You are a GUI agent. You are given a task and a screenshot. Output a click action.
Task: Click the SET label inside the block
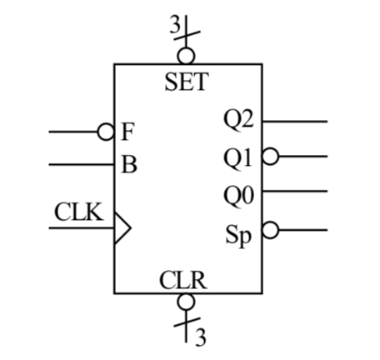click(187, 82)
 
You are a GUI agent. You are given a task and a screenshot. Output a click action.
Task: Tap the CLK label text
click(79, 212)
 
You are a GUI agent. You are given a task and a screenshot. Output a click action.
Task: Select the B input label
click(128, 164)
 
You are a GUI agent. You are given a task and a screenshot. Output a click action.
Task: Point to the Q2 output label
click(238, 119)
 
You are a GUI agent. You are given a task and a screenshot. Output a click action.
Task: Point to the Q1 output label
click(238, 157)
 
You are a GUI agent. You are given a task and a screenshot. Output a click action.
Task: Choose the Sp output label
click(240, 232)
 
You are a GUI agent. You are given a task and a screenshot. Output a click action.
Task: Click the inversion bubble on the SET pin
click(187, 56)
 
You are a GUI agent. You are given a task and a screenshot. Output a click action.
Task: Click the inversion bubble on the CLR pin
click(187, 302)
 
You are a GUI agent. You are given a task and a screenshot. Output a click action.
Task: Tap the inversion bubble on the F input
click(106, 132)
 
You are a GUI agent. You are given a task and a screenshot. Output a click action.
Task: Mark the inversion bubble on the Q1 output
click(269, 157)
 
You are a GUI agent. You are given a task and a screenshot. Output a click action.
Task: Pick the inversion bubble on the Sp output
click(269, 230)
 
